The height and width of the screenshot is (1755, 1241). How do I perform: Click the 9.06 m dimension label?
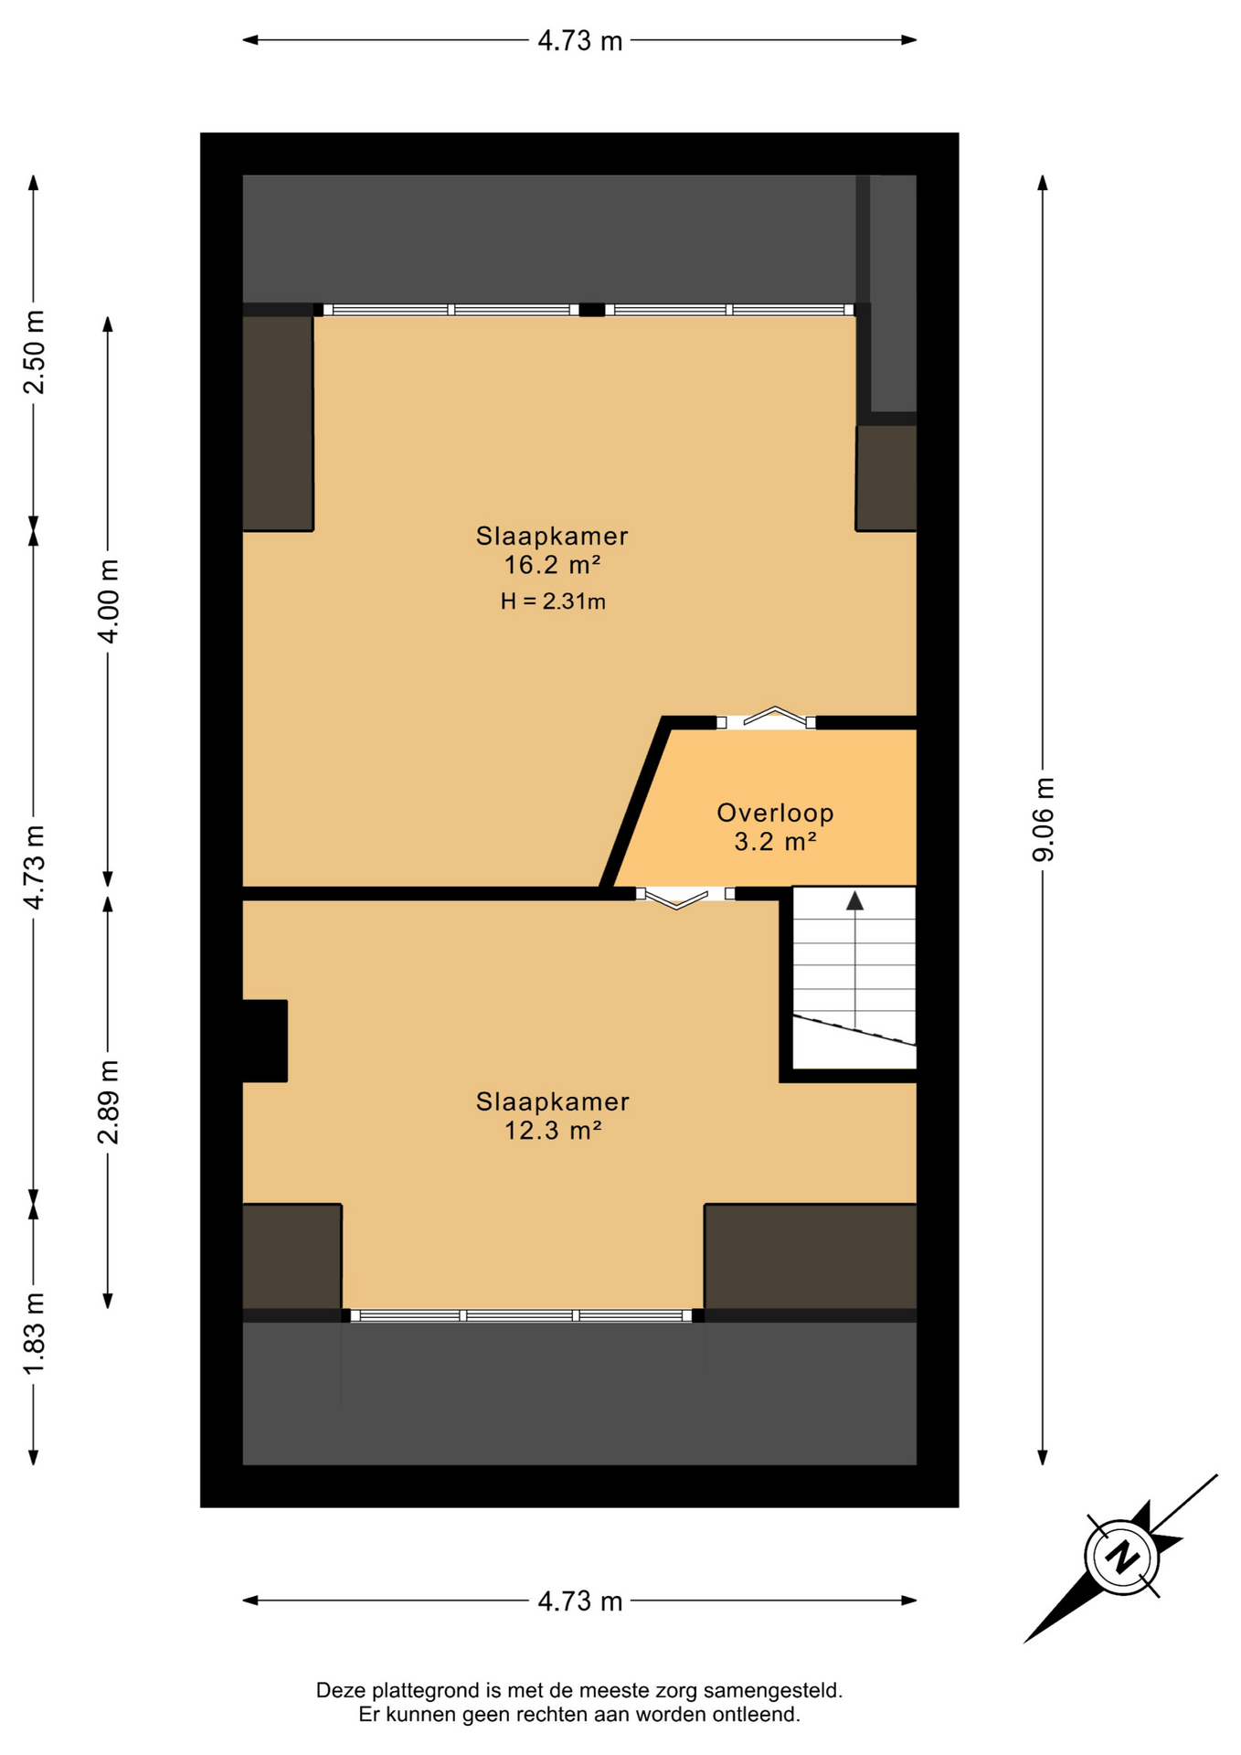pos(1044,819)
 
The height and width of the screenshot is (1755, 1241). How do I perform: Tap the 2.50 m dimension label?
pos(34,352)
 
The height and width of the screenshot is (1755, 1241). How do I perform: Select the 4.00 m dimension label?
pos(108,601)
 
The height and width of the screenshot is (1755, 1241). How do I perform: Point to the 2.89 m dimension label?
pos(108,1102)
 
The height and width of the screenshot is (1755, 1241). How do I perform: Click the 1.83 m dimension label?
pos(34,1334)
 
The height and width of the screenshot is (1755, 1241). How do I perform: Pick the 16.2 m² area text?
pos(552,565)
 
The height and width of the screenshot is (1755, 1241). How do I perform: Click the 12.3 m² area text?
pos(552,1131)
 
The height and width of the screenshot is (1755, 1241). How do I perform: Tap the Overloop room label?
pos(775,813)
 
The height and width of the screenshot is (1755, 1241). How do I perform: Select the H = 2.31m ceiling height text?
pos(553,601)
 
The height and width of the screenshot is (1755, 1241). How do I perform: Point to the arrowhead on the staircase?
pos(854,901)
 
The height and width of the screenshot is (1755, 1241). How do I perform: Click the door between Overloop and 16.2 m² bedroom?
pos(766,721)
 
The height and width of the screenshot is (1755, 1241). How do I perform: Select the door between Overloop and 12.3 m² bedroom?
pos(685,895)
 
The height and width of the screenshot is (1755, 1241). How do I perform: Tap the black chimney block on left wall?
pos(265,1041)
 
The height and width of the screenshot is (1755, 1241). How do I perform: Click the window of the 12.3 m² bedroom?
pos(522,1315)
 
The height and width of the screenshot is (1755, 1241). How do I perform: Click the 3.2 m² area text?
pos(775,841)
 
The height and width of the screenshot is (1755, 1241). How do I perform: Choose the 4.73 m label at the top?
pos(579,41)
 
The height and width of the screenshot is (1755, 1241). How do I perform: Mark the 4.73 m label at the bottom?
pos(579,1601)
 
